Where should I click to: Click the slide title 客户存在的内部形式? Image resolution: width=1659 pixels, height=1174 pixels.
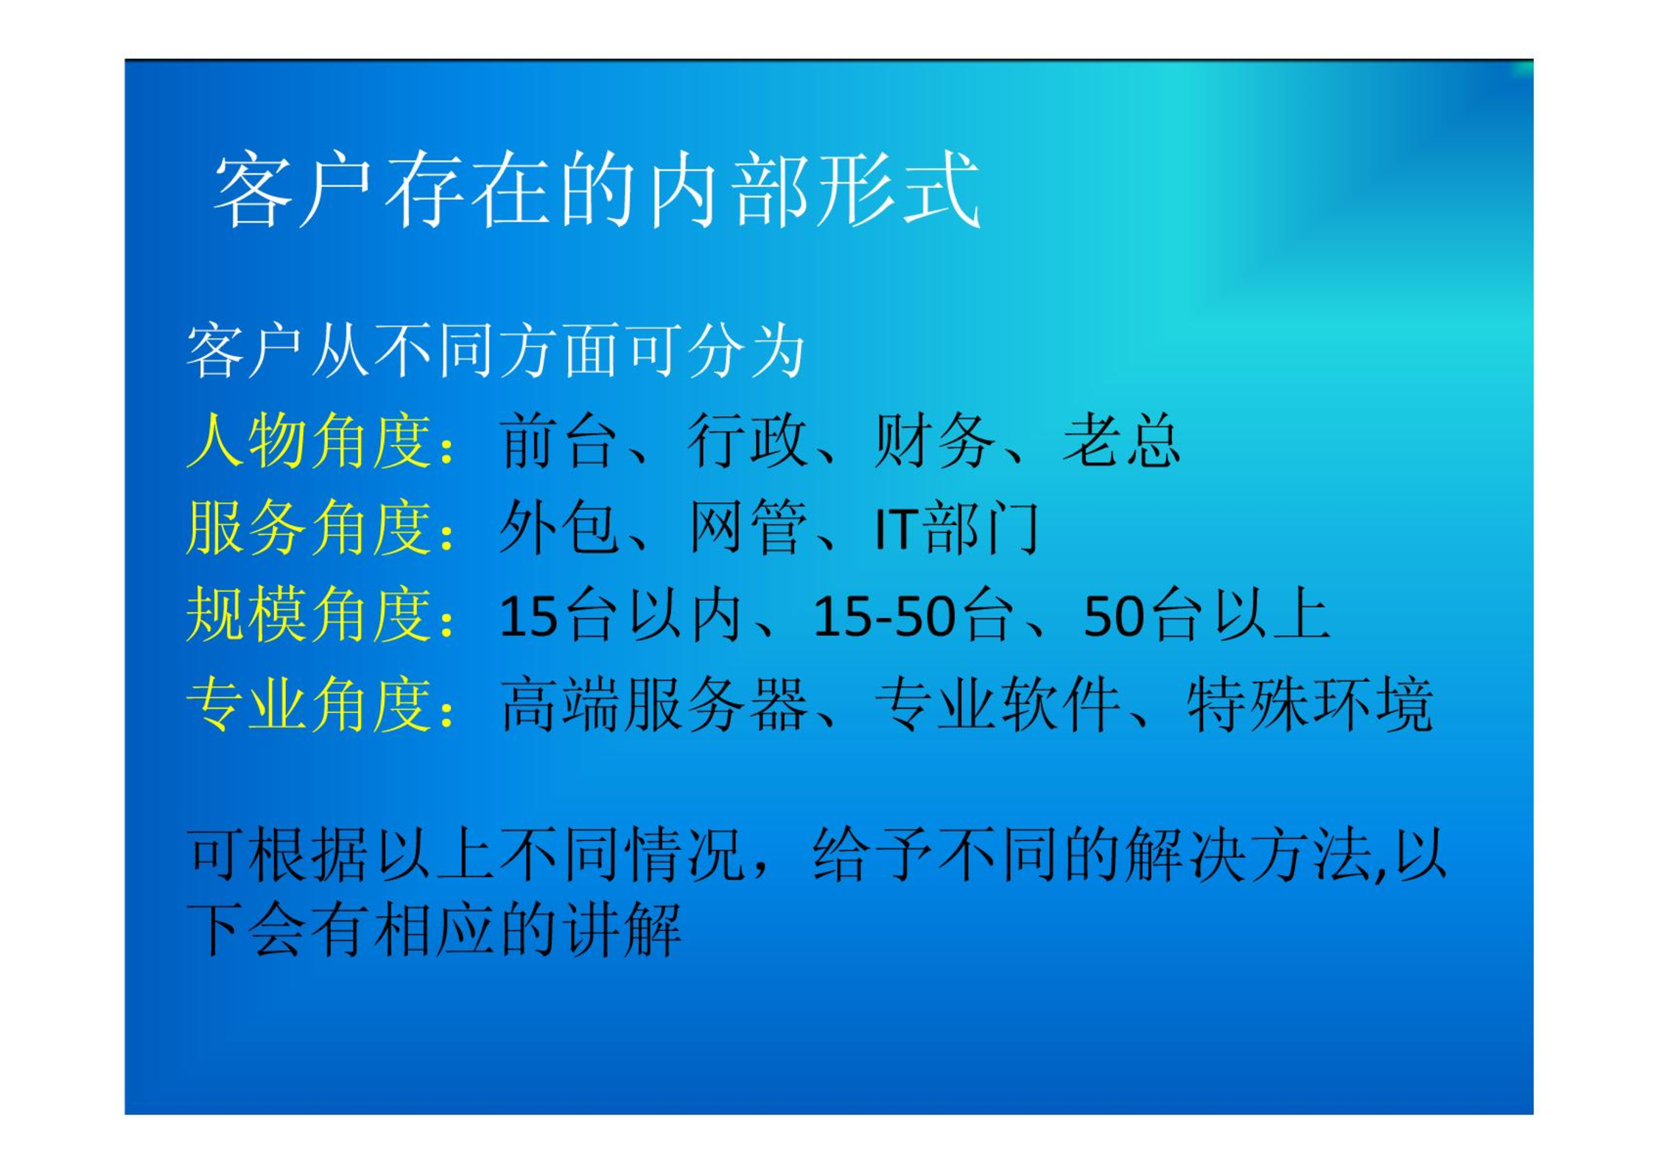coord(597,189)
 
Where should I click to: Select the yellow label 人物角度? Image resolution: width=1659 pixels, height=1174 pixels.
coord(309,440)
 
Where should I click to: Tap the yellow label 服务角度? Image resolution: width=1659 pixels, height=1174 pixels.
coord(309,527)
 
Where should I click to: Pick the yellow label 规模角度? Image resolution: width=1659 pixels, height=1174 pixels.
coord(309,614)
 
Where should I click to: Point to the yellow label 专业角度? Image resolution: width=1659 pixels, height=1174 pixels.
coord(309,704)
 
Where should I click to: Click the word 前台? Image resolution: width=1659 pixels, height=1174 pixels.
coord(558,440)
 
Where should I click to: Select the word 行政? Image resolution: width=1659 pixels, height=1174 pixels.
coord(747,440)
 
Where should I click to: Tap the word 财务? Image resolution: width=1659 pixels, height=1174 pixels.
coord(934,440)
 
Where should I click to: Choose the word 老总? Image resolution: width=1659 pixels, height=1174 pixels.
coord(1121,440)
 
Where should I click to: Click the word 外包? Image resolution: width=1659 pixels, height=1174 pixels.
coord(558,527)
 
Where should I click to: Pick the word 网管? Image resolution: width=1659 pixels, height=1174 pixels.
coord(747,527)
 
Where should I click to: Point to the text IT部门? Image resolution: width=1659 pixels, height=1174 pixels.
coord(956,527)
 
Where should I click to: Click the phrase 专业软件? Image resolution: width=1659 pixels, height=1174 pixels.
coord(997,704)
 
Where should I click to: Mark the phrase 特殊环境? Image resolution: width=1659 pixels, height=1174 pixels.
coord(1310,704)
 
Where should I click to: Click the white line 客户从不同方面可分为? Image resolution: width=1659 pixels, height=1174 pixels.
coord(495,351)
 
